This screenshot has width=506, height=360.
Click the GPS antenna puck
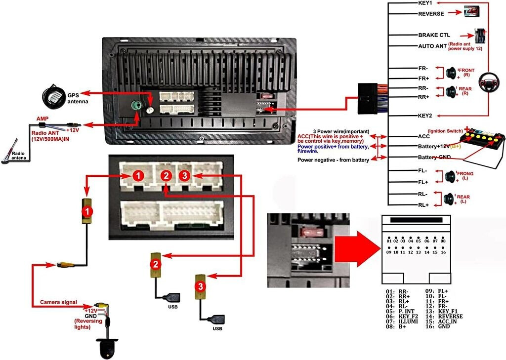[53, 94]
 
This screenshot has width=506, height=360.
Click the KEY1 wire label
[425, 3]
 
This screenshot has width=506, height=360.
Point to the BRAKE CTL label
[432, 36]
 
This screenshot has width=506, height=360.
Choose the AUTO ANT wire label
[432, 46]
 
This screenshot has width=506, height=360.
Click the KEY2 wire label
[425, 116]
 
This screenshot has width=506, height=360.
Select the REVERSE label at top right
[431, 14]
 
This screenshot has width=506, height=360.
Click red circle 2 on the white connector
[167, 176]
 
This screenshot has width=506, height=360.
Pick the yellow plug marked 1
[87, 211]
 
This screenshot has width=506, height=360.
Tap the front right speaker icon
[451, 73]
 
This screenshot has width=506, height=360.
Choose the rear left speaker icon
[449, 199]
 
